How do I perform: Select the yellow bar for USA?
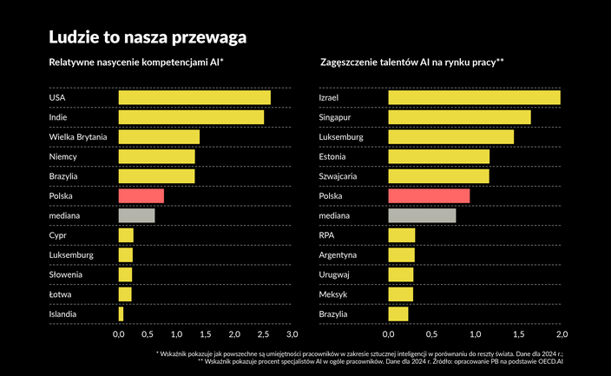(x=194, y=97)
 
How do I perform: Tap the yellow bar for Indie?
(x=190, y=116)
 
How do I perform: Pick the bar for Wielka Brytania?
(x=158, y=136)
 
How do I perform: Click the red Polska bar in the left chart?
(x=141, y=196)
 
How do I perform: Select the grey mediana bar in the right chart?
(x=422, y=215)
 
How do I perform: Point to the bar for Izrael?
(x=474, y=97)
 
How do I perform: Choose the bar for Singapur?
(x=459, y=116)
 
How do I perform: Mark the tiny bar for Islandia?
(x=121, y=313)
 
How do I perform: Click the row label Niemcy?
(x=64, y=156)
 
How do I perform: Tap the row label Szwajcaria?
(x=339, y=176)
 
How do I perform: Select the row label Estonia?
(x=333, y=156)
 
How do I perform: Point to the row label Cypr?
(x=58, y=235)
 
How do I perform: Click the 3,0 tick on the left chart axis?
(x=292, y=333)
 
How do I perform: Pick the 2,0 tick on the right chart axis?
(x=561, y=333)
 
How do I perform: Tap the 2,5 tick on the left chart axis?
(x=263, y=333)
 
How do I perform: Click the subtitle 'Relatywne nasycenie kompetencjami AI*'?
(x=136, y=63)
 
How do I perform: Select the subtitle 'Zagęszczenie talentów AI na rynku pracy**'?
(x=412, y=63)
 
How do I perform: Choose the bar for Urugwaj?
(x=400, y=274)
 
